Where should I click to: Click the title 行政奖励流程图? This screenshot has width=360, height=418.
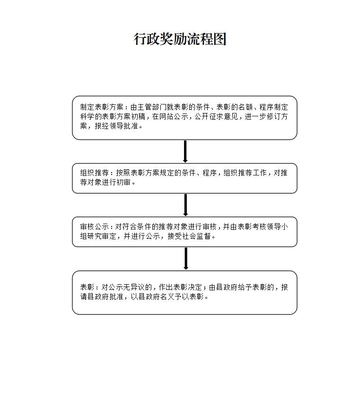coord(180,39)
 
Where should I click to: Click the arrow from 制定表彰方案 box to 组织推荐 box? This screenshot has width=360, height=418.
coord(185,151)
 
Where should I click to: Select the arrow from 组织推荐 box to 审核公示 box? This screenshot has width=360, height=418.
coord(185,205)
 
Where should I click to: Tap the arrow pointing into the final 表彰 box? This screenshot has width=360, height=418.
coord(186,258)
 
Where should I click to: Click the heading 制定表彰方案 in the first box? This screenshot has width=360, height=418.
coord(102,107)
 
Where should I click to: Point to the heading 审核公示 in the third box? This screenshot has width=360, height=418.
coord(95,227)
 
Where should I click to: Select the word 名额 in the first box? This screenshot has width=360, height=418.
coord(246,107)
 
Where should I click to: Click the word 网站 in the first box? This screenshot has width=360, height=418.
coord(167,116)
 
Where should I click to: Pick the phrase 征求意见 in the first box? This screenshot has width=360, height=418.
coord(223,116)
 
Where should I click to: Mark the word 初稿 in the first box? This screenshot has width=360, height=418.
coord(138,116)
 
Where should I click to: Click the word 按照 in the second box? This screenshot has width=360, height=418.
coord(123,173)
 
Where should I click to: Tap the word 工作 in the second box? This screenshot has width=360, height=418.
coord(260,173)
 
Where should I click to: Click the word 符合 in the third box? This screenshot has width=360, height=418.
coord(129,227)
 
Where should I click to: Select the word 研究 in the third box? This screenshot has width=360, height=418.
coord(95,236)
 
